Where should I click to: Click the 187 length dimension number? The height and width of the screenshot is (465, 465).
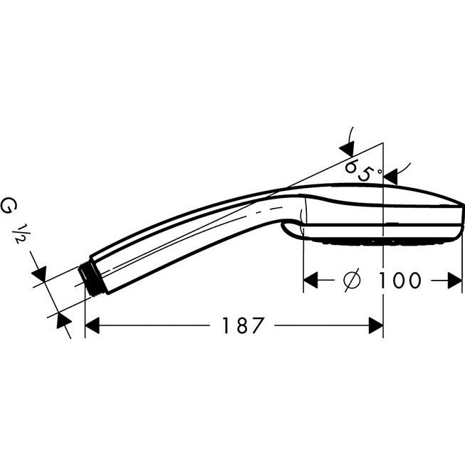[x=242, y=325]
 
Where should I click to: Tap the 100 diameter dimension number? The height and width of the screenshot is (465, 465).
[x=399, y=280]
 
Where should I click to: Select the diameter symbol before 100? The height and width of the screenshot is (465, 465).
[x=352, y=280]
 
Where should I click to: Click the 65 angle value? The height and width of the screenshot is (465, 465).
[x=358, y=169]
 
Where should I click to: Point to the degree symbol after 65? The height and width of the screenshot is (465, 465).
[x=379, y=171]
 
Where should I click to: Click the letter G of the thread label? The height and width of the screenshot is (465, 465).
[x=9, y=206]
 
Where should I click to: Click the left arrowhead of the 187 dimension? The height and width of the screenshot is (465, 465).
[x=92, y=325]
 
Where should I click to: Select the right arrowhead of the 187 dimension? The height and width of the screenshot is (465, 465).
[x=376, y=325]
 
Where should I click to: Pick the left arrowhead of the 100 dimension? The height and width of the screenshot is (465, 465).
[x=310, y=280]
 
